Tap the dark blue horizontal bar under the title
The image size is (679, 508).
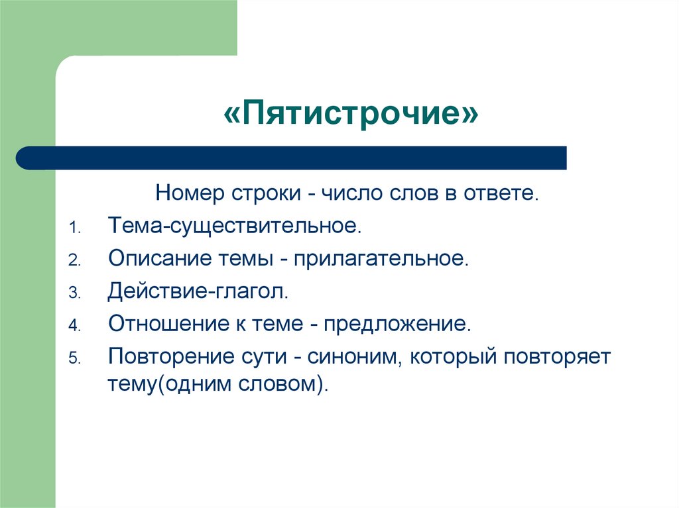click(292, 158)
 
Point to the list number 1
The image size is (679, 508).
click(74, 228)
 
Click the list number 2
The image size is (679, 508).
click(74, 260)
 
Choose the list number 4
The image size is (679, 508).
click(74, 326)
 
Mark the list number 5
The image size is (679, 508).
click(74, 358)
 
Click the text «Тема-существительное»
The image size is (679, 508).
click(235, 227)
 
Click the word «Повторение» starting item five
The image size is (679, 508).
click(166, 357)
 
